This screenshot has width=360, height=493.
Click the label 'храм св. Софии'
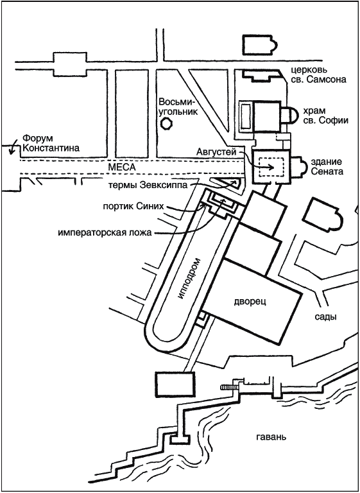(325, 116)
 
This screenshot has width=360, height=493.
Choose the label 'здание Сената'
(327, 167)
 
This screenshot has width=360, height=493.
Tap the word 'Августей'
(216, 152)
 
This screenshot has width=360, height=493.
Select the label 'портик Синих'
(134, 207)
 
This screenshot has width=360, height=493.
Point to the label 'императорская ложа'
(105, 233)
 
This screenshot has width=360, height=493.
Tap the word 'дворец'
(250, 302)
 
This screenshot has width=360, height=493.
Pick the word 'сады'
(326, 316)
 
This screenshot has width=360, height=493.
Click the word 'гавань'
(270, 437)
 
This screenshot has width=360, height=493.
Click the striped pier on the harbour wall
(229, 387)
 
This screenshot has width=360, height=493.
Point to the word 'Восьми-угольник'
(178, 107)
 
